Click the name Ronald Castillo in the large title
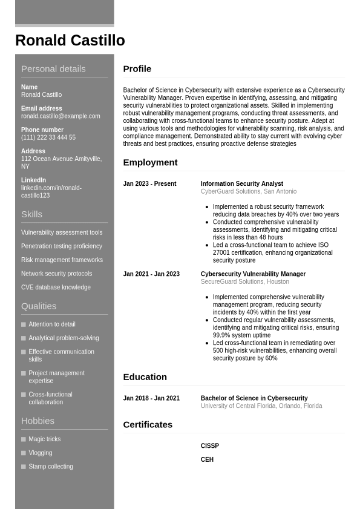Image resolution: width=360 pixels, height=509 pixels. pyautogui.click(x=70, y=41)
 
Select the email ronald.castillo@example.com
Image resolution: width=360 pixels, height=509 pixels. pyautogui.click(x=61, y=116)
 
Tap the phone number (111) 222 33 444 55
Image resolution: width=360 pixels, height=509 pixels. pyautogui.click(x=48, y=137)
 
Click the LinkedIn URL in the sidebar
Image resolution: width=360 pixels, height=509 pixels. pyautogui.click(x=51, y=192)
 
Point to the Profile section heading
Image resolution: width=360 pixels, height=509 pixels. pyautogui.click(x=137, y=69)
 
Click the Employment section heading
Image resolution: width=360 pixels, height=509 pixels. pyautogui.click(x=150, y=162)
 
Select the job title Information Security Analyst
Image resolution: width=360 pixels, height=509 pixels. pyautogui.click(x=241, y=184)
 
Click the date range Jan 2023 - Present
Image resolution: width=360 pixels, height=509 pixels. pyautogui.click(x=149, y=184)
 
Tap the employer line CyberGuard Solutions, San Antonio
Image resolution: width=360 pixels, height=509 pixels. pyautogui.click(x=248, y=191)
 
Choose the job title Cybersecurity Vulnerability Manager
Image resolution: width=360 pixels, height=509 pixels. pyautogui.click(x=253, y=274)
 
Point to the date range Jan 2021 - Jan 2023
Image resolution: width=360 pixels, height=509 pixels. pyautogui.click(x=151, y=274)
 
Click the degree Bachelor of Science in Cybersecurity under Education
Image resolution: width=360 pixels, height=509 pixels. pyautogui.click(x=254, y=398)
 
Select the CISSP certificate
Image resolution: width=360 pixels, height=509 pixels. pyautogui.click(x=209, y=446)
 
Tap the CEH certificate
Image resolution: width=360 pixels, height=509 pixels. pyautogui.click(x=207, y=460)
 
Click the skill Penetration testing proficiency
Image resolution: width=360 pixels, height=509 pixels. pyautogui.click(x=62, y=246)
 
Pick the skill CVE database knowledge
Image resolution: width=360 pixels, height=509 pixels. pyautogui.click(x=56, y=287)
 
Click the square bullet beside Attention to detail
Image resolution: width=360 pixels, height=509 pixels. pyautogui.click(x=24, y=324)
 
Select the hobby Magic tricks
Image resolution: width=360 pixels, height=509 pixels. pyautogui.click(x=44, y=439)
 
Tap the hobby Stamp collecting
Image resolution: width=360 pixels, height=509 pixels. pyautogui.click(x=50, y=467)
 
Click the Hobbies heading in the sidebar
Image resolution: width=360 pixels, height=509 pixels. pyautogui.click(x=38, y=421)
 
